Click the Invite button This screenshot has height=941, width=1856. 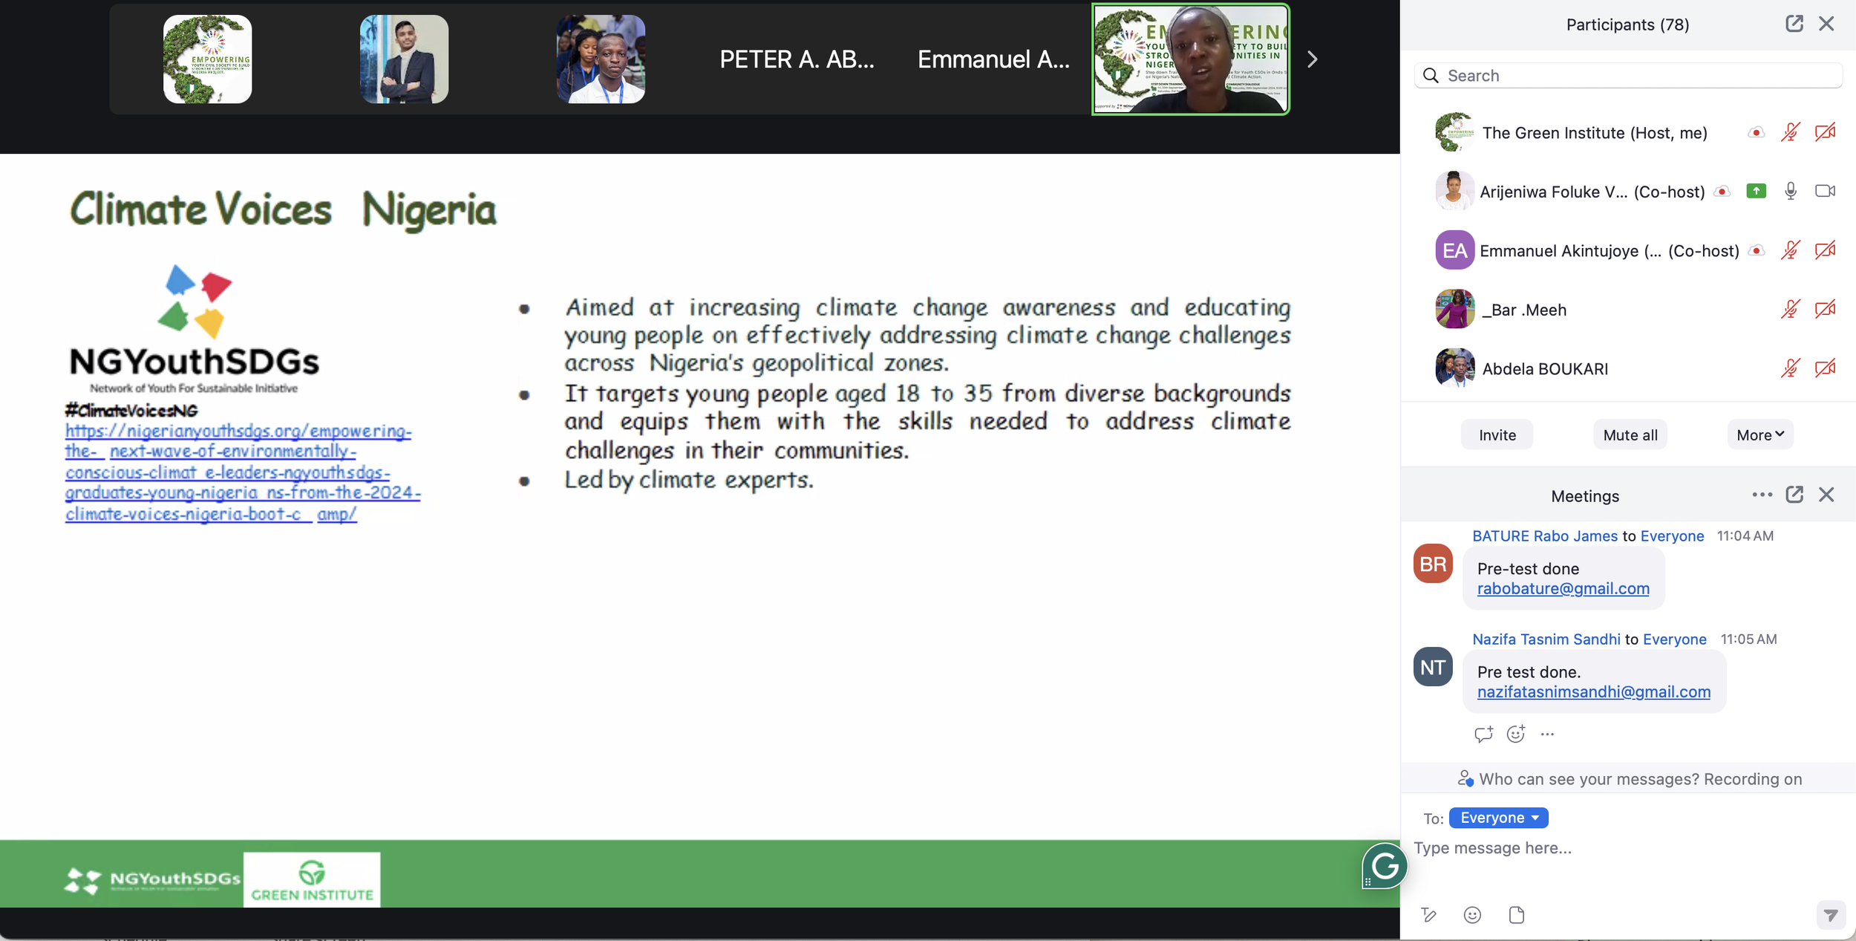(1497, 435)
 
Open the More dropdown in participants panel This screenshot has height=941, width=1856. (1759, 435)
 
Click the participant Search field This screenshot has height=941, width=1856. (1633, 76)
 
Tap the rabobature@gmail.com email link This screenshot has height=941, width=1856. (1563, 589)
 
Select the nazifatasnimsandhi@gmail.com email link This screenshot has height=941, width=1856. (1593, 692)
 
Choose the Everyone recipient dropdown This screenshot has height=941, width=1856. (1498, 818)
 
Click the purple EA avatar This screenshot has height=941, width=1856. (1454, 250)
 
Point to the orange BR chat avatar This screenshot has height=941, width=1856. (1432, 564)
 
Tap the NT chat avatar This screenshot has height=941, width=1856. (1432, 667)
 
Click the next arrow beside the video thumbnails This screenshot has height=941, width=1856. (1313, 59)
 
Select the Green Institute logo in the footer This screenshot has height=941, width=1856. (312, 879)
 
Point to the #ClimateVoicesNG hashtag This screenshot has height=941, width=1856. (131, 410)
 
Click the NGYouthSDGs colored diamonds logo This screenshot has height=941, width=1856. (195, 301)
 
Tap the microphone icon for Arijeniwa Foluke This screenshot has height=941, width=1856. (1790, 192)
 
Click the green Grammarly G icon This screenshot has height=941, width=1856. (1385, 865)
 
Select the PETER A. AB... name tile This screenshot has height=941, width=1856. (797, 59)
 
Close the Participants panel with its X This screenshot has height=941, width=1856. (1826, 24)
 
